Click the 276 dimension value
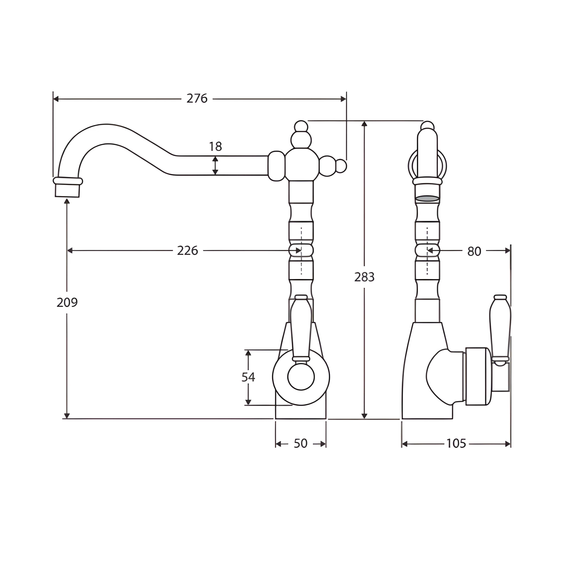click(x=197, y=98)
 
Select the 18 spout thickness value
click(x=215, y=147)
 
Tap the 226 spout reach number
click(x=188, y=251)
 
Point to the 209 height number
click(x=67, y=303)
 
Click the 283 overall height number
click(x=364, y=277)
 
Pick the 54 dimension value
click(x=248, y=377)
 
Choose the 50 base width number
click(x=301, y=443)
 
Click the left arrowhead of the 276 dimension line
click(x=56, y=99)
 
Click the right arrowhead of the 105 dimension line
click(x=508, y=444)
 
